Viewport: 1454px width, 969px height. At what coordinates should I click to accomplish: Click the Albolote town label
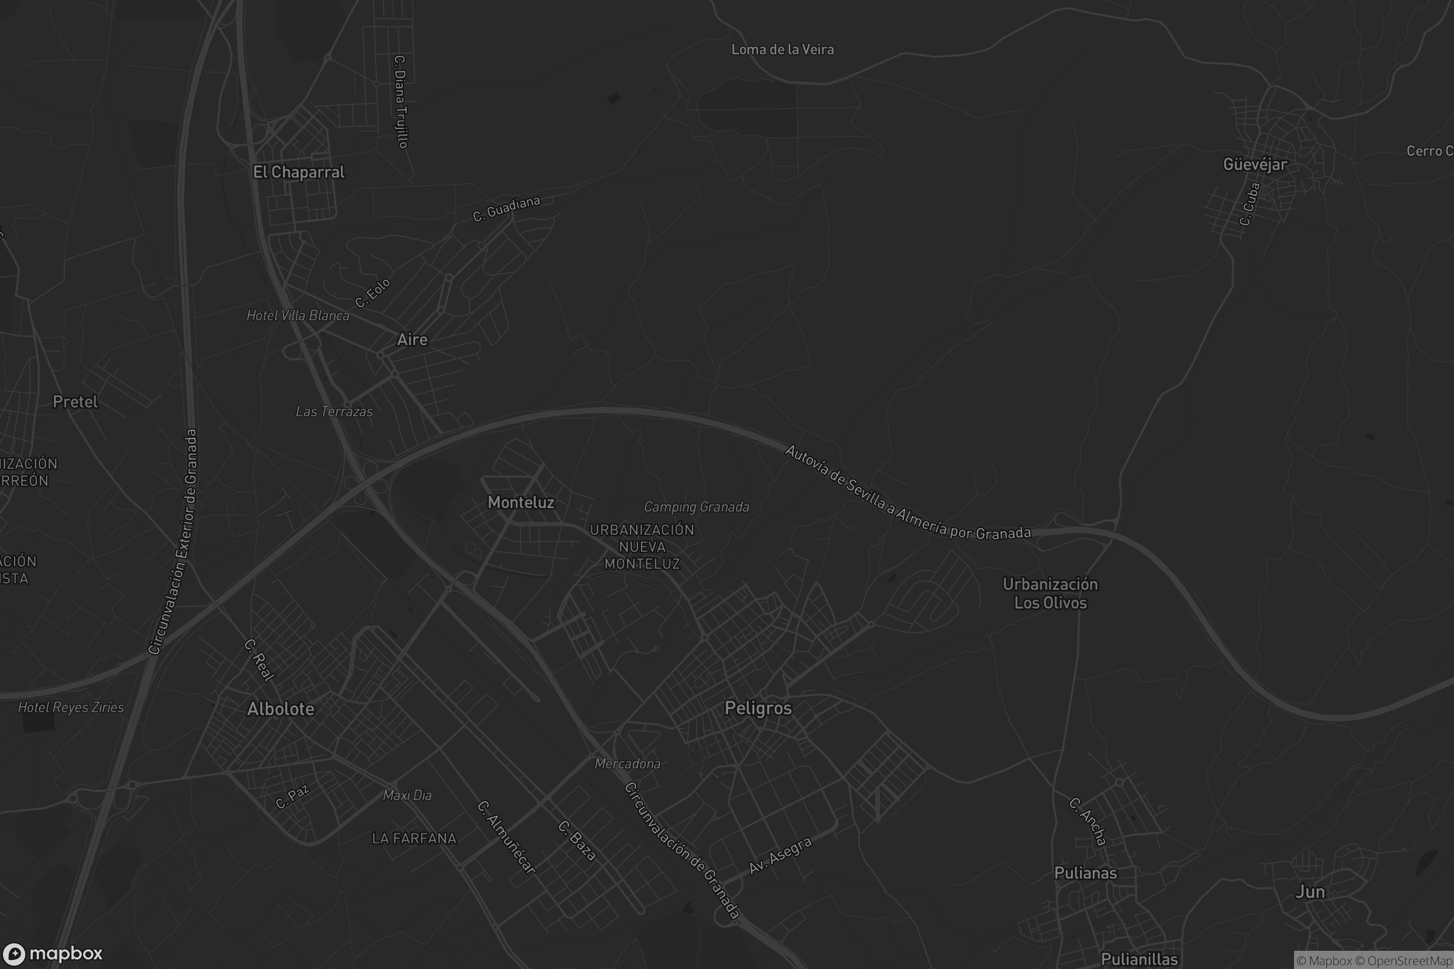tap(281, 709)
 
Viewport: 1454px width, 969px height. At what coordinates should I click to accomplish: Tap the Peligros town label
tap(758, 708)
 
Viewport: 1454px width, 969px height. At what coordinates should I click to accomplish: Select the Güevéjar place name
tap(1255, 164)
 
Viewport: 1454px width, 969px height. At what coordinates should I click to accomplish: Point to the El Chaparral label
tap(299, 173)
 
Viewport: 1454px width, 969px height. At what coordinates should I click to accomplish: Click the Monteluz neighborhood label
tap(520, 503)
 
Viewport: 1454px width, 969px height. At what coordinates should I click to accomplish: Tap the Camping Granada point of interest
tap(696, 508)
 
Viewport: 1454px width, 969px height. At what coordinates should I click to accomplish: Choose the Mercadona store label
tap(627, 764)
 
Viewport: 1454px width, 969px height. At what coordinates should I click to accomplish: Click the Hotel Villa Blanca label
tap(297, 316)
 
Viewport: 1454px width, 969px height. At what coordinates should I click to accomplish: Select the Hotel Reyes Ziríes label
tap(70, 707)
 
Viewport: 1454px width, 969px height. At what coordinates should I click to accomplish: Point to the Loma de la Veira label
tap(782, 50)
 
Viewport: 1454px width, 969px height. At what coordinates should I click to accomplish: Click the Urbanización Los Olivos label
tap(1050, 594)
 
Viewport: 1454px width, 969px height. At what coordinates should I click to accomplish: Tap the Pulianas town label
tap(1085, 873)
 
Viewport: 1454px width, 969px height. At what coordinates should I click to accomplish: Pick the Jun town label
tap(1310, 891)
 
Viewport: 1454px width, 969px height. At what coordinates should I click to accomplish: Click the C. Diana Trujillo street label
tap(400, 102)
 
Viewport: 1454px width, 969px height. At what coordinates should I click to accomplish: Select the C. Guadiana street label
tap(506, 209)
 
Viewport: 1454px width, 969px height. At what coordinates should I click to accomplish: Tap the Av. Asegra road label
tap(780, 856)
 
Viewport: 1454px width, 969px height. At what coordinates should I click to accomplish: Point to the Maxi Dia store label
tap(407, 795)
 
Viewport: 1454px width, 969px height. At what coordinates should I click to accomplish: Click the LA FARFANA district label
tap(414, 839)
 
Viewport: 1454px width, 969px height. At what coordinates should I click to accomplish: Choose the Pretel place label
tap(75, 402)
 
